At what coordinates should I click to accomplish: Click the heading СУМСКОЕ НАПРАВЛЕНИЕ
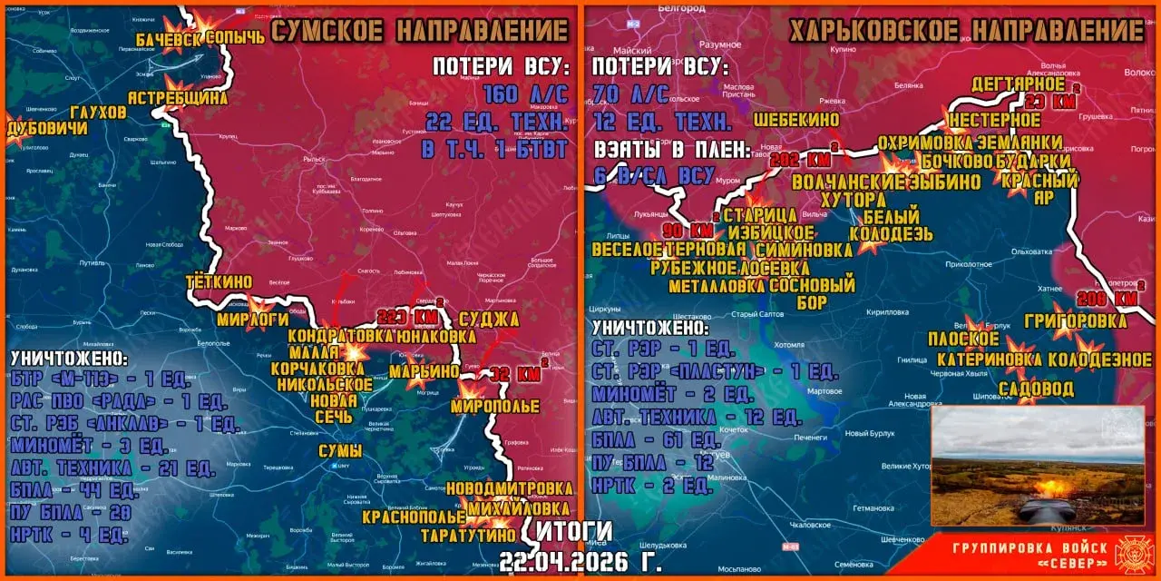point(420,31)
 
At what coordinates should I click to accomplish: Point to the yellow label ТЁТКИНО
point(219,282)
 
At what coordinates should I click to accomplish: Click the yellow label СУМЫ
point(340,451)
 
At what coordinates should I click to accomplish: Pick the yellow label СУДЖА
point(489,319)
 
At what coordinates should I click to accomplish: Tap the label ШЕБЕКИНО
point(795,119)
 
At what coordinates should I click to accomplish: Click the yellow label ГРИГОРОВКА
point(1075,320)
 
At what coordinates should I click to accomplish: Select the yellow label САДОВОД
point(1035,389)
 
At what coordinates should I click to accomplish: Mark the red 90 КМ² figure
point(688,228)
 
